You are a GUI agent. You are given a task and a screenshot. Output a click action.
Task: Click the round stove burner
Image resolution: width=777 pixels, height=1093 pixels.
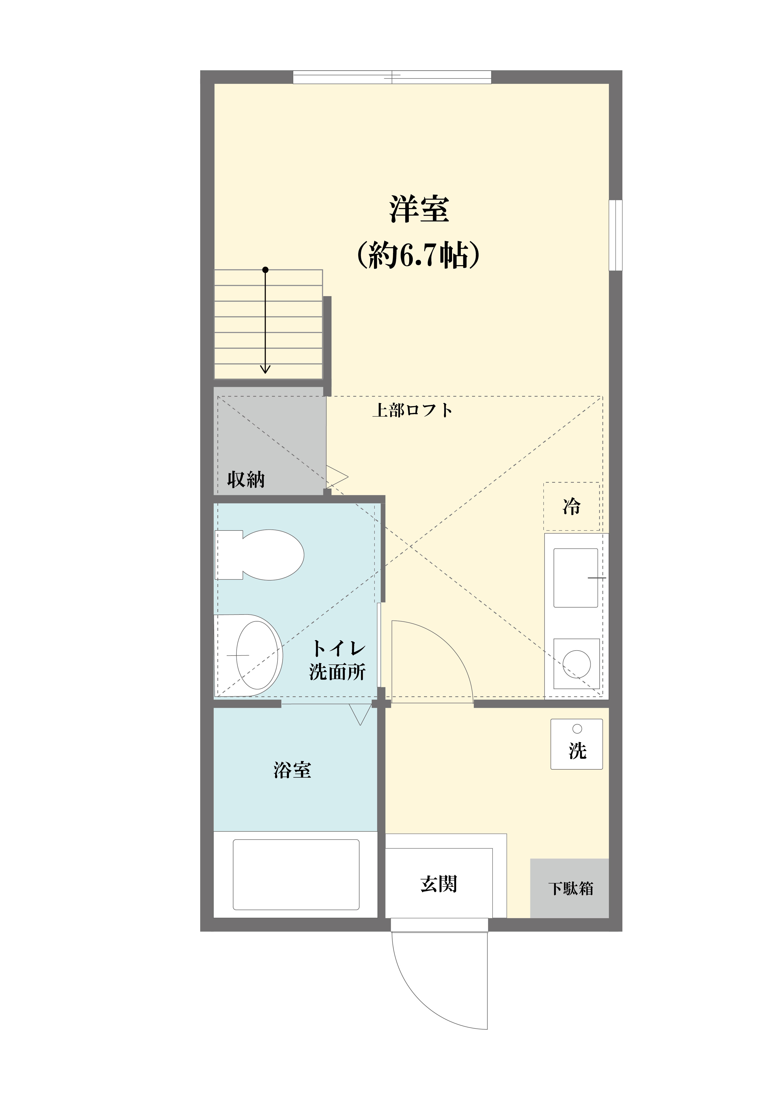click(x=577, y=664)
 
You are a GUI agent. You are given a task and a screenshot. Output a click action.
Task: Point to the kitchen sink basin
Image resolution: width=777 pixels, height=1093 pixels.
click(x=576, y=578)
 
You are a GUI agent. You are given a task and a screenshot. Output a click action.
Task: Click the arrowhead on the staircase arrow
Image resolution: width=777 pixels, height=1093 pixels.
click(x=265, y=369)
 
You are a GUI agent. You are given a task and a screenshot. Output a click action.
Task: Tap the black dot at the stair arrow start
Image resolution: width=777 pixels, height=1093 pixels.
click(x=265, y=270)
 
